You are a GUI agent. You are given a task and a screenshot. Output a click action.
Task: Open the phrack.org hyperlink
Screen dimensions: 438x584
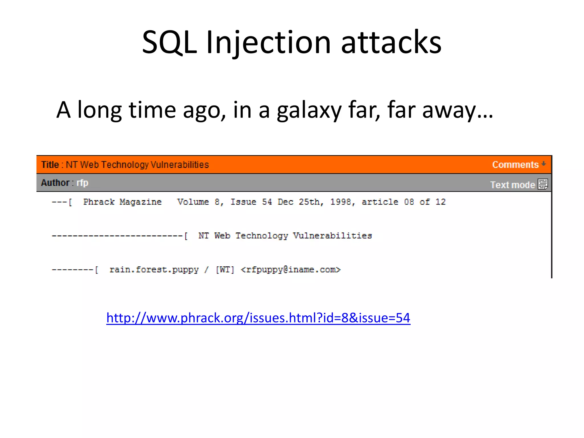pyautogui.click(x=258, y=318)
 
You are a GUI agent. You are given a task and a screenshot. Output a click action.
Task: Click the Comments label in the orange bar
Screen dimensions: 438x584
pyautogui.click(x=515, y=165)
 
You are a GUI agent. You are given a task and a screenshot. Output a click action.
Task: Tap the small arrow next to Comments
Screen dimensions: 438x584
pyautogui.click(x=544, y=164)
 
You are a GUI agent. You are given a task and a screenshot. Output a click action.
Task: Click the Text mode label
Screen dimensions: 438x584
pyautogui.click(x=512, y=185)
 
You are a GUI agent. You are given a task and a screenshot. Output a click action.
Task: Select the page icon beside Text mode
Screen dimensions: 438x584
pyautogui.click(x=543, y=184)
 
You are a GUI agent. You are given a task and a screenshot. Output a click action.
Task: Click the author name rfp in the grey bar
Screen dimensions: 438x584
pyautogui.click(x=82, y=182)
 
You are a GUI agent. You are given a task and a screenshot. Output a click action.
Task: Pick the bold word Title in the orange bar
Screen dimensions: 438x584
pyautogui.click(x=50, y=165)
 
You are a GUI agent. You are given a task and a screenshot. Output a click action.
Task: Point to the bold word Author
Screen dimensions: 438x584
pyautogui.click(x=55, y=182)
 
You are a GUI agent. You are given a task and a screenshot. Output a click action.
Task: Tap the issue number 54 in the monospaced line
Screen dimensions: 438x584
pyautogui.click(x=267, y=202)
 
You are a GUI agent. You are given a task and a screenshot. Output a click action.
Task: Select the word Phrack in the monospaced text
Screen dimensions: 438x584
pyautogui.click(x=99, y=202)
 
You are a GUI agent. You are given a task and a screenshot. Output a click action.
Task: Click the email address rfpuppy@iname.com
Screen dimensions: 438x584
pyautogui.click(x=291, y=269)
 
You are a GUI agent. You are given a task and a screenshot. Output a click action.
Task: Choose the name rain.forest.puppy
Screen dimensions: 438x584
pyautogui.click(x=154, y=269)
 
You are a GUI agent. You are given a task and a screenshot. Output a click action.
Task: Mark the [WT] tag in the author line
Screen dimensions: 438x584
pyautogui.click(x=225, y=269)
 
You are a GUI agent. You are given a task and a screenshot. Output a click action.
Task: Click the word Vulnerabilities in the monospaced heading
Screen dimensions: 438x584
pyautogui.click(x=332, y=236)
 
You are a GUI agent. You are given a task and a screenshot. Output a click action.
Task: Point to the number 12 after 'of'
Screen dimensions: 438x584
pyautogui.click(x=440, y=202)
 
